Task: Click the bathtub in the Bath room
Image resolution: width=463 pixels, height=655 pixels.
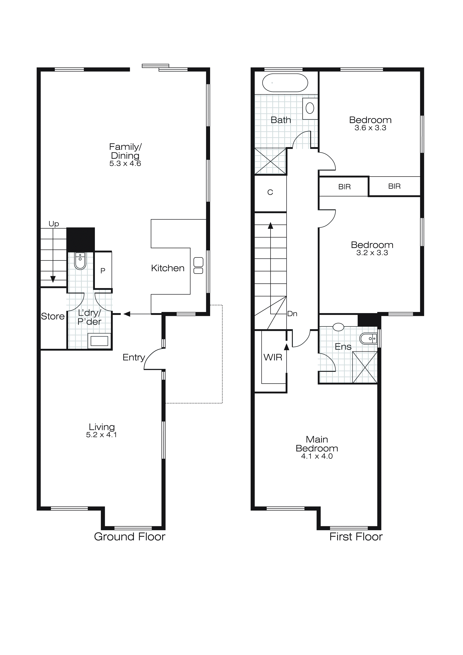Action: coord(285,83)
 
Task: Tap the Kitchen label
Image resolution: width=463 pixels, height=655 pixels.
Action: coord(168,268)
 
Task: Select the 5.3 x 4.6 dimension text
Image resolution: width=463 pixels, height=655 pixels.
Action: coord(125,163)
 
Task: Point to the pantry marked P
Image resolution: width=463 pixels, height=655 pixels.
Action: coord(103,270)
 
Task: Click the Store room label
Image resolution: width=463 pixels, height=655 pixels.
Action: coord(53,316)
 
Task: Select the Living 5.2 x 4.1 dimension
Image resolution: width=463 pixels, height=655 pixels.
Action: coord(101,435)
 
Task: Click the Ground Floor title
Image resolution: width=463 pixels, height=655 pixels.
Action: coord(130,537)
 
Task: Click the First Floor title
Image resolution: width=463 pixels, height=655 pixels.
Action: coord(356,537)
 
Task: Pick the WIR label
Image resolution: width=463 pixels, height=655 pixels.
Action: coord(273,357)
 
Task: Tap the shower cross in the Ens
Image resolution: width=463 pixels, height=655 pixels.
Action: coord(365,367)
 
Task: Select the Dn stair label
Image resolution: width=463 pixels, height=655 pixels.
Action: coord(292,314)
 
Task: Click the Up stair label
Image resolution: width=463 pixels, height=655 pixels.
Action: coord(54,224)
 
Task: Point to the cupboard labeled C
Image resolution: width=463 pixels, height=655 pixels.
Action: coord(270,193)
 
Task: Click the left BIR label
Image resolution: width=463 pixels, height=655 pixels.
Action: coord(344,187)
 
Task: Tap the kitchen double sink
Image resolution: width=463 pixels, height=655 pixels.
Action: coord(198,266)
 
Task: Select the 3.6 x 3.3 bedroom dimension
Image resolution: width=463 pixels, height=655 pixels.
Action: coord(370,128)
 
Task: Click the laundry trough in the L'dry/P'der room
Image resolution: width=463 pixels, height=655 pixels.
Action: coord(99,341)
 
